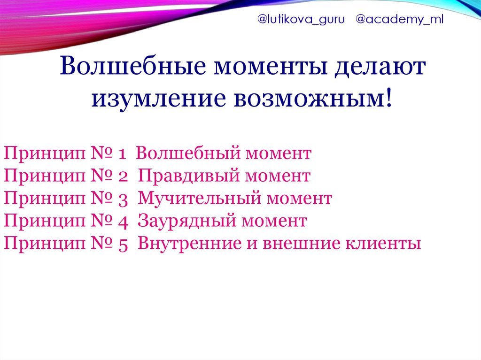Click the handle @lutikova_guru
click(301, 20)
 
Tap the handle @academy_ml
click(399, 20)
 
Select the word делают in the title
click(380, 66)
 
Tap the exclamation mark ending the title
click(388, 98)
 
